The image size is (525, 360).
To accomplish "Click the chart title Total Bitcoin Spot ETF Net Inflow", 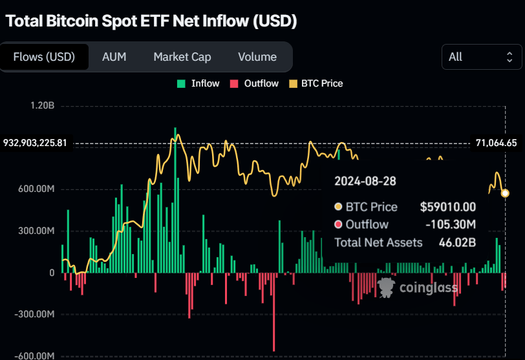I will pyautogui.click(x=151, y=21).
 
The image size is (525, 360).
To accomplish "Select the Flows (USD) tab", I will pyautogui.click(x=44, y=57).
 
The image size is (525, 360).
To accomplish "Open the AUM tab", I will pyautogui.click(x=114, y=57).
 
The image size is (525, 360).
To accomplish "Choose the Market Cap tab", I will pyautogui.click(x=182, y=57).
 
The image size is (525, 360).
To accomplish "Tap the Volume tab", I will pyautogui.click(x=257, y=57).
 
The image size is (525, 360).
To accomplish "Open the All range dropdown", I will pyautogui.click(x=481, y=57).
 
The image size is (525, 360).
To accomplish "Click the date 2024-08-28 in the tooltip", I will pyautogui.click(x=365, y=182).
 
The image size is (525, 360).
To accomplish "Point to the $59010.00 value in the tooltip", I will pyautogui.click(x=447, y=207).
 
